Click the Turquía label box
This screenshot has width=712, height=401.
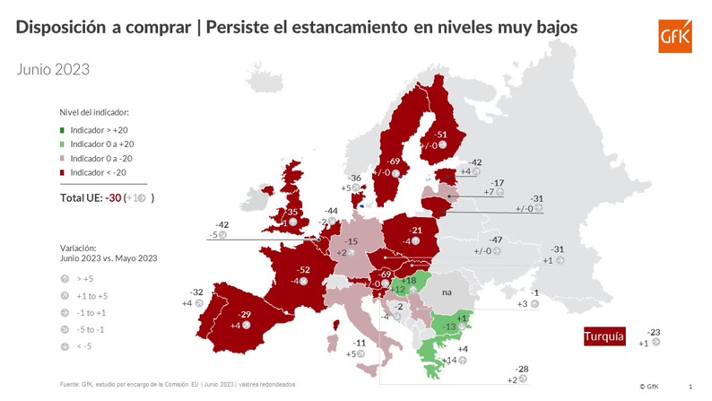coord(604,336)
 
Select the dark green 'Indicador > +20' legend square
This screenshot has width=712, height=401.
coord(63,131)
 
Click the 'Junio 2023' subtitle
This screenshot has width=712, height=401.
coord(52,68)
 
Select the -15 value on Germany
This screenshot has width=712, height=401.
coord(352,242)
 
